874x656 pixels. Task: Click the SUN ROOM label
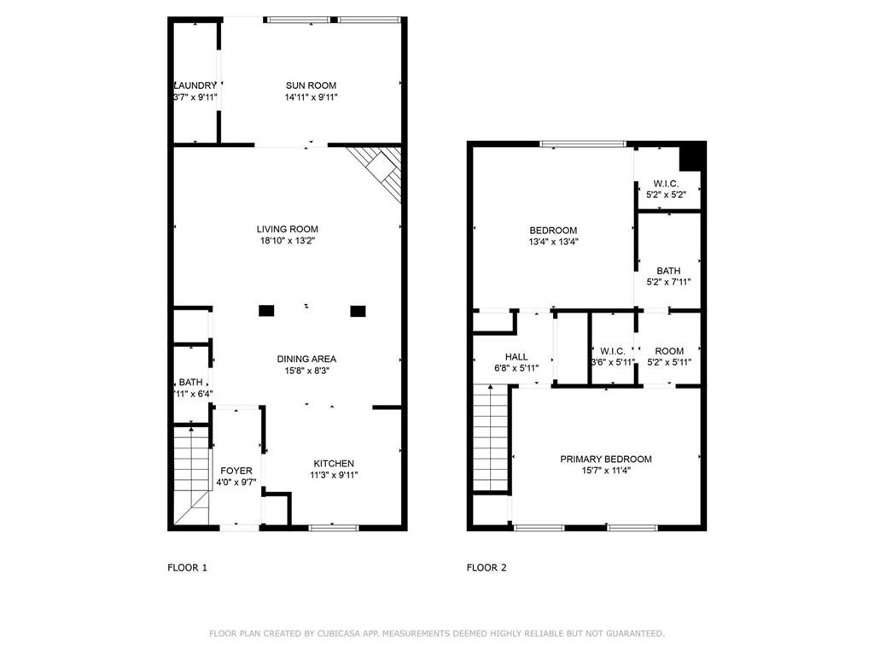[x=311, y=85]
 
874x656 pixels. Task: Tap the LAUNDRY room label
[x=195, y=85]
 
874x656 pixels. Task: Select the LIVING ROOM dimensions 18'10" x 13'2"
[x=288, y=242]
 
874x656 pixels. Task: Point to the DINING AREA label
[x=306, y=359]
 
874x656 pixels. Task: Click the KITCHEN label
[x=333, y=464]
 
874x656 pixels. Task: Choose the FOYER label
[x=236, y=471]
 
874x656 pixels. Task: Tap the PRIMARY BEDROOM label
[x=605, y=460]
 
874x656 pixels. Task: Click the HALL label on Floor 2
[x=516, y=357]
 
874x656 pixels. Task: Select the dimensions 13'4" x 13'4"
[x=553, y=242]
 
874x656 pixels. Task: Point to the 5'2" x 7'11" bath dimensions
[x=668, y=282]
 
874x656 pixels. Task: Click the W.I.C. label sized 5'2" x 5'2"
[x=667, y=184]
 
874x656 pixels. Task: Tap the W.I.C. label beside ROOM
[x=613, y=351]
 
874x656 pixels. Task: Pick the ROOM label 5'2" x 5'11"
[x=669, y=351]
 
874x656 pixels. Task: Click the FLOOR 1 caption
[x=187, y=567]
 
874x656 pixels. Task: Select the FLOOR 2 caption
[x=487, y=567]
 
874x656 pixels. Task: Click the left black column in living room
[x=266, y=311]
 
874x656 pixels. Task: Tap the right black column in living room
[x=358, y=311]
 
